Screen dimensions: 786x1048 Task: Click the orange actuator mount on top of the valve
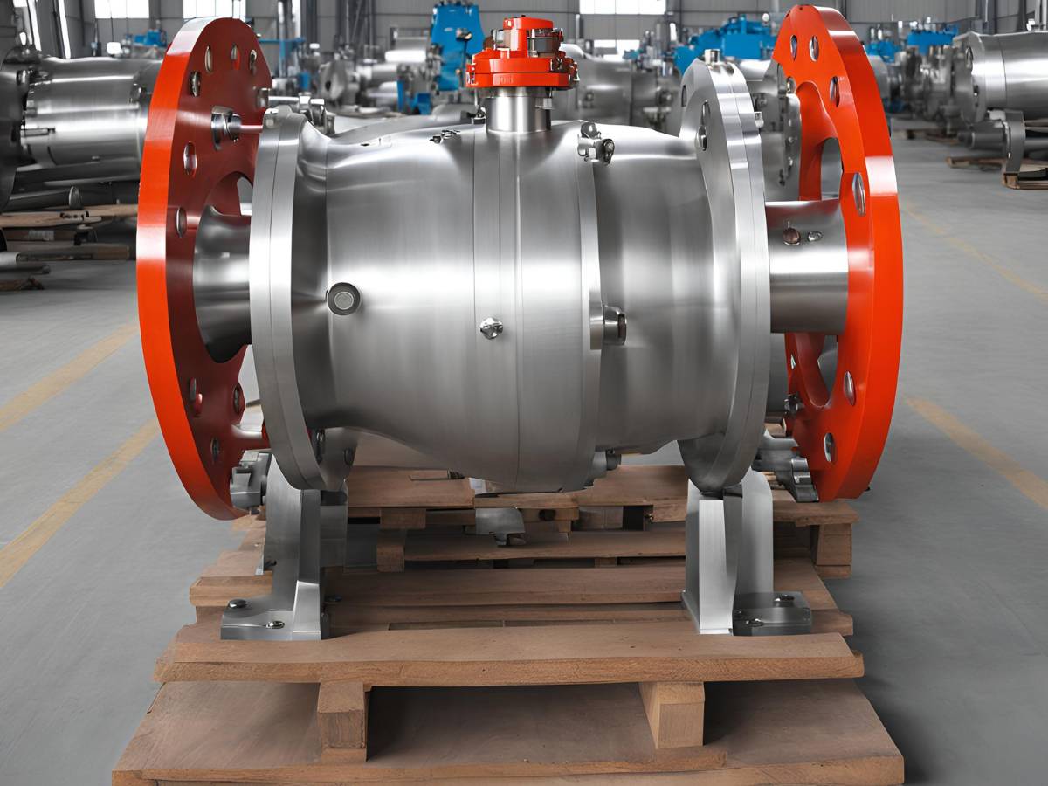pos(521,57)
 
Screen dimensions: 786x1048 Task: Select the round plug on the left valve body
pos(343,299)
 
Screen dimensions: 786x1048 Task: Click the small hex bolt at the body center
pos(491,327)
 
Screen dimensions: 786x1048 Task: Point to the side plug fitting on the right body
pos(611,325)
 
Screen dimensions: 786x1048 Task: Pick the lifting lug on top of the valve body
pos(595,143)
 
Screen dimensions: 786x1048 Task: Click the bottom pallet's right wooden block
pos(672,712)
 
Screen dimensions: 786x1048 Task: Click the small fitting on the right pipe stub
pos(791,234)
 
